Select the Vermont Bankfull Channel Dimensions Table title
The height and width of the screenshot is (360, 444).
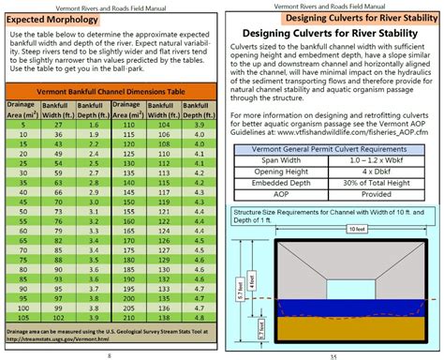click(110, 91)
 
